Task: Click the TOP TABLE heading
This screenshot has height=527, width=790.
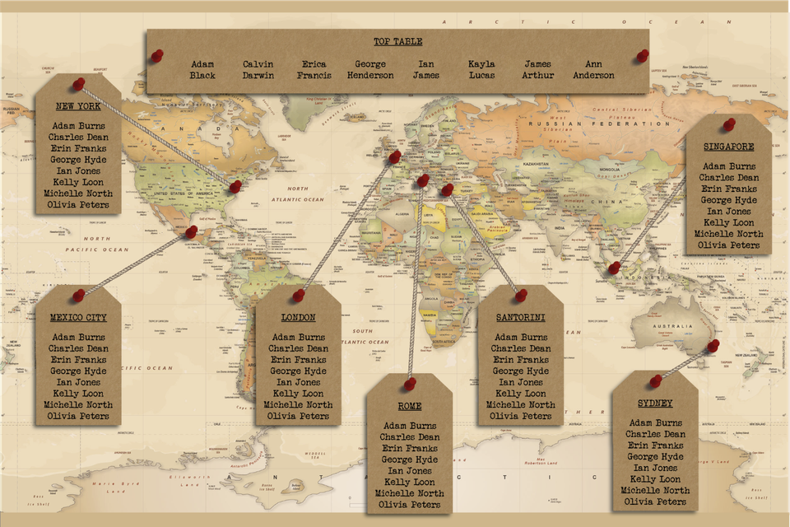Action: [397, 41]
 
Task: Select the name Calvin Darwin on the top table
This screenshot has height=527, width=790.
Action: [258, 70]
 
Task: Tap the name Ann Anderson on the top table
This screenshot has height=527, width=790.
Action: [593, 70]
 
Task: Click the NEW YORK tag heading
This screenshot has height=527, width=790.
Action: [78, 107]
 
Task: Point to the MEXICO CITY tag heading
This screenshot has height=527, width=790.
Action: [78, 318]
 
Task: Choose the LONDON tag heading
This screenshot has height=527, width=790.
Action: [298, 318]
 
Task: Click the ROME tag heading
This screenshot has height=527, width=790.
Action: [409, 406]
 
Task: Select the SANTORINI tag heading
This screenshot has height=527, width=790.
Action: [520, 318]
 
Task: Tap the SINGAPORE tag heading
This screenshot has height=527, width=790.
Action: [728, 147]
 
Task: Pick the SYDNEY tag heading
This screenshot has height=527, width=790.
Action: [655, 403]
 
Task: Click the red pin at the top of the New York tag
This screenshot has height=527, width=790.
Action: [78, 84]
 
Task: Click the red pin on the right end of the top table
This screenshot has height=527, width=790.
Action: [642, 55]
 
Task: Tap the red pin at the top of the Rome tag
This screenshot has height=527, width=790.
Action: [410, 384]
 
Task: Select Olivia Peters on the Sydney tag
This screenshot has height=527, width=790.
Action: [655, 501]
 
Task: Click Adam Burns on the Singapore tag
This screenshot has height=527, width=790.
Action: [728, 166]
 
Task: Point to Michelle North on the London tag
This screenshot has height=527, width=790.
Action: [298, 404]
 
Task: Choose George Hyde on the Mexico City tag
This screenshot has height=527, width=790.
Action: [78, 371]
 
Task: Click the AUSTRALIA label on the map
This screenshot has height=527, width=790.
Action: [671, 327]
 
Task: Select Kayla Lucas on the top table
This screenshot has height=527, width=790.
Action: [481, 70]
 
